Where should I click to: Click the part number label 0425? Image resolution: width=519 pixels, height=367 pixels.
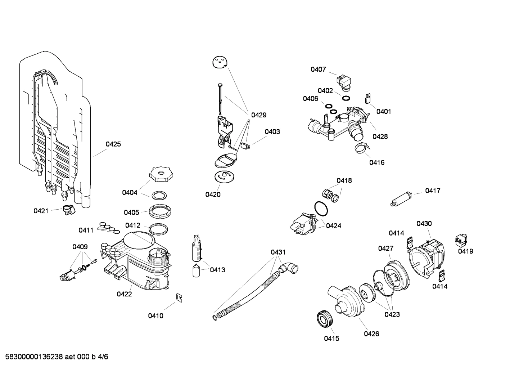point(113,144)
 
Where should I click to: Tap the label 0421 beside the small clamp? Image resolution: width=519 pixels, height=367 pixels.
point(41,211)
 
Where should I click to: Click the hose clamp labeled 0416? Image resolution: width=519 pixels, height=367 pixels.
point(361,148)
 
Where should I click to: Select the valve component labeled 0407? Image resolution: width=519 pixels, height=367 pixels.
point(344,81)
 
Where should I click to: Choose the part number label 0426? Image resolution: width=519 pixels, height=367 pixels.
point(371,334)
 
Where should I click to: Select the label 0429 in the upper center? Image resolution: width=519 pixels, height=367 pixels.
point(259,115)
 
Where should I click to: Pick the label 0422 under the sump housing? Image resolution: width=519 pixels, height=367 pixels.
point(124,294)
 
